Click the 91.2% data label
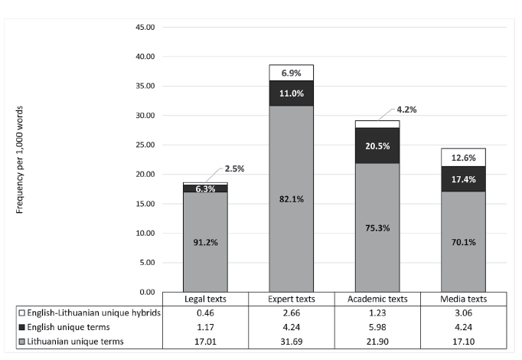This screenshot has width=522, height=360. (205, 242)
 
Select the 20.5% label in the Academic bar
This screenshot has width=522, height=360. (377, 146)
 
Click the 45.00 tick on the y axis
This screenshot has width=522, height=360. (145, 28)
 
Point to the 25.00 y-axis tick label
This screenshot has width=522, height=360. (145, 145)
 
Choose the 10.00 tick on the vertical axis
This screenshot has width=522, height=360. (145, 233)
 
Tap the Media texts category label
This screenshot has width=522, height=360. (463, 299)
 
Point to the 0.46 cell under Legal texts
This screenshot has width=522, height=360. (205, 313)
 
